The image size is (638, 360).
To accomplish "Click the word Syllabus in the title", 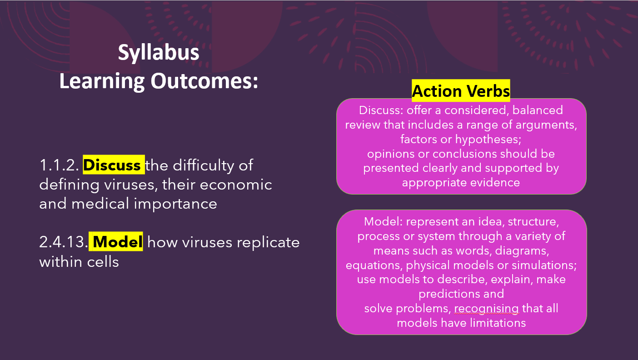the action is [x=159, y=53].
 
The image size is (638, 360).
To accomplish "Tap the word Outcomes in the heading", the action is [x=204, y=81].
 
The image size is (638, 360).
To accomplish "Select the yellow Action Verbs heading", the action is [x=461, y=91].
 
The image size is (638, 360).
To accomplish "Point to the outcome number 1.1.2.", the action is [x=59, y=165].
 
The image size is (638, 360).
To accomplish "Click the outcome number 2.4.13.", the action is [x=64, y=242].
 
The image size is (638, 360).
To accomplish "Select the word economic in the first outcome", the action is [x=236, y=185].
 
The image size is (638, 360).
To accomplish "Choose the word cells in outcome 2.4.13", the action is [x=103, y=262].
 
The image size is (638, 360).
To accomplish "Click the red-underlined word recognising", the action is [x=487, y=309].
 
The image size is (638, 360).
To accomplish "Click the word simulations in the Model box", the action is [x=544, y=265].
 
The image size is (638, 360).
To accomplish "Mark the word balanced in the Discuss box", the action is [x=538, y=110].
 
